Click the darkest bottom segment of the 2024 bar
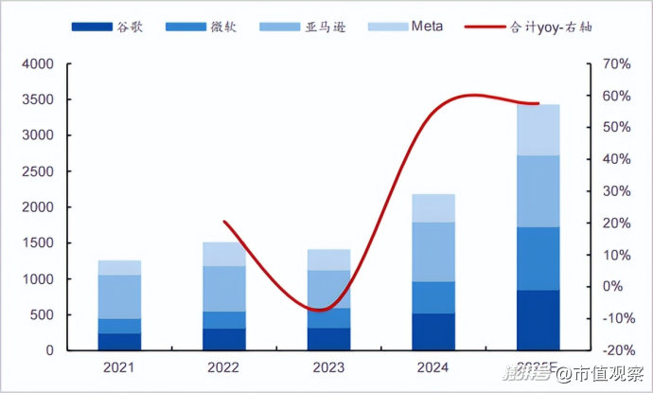pos(432,331)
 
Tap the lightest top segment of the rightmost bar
pos(538,130)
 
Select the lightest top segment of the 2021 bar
pos(119,268)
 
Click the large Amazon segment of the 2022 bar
pos(223,289)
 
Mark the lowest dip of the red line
pos(322,310)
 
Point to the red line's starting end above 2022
pos(224,222)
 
